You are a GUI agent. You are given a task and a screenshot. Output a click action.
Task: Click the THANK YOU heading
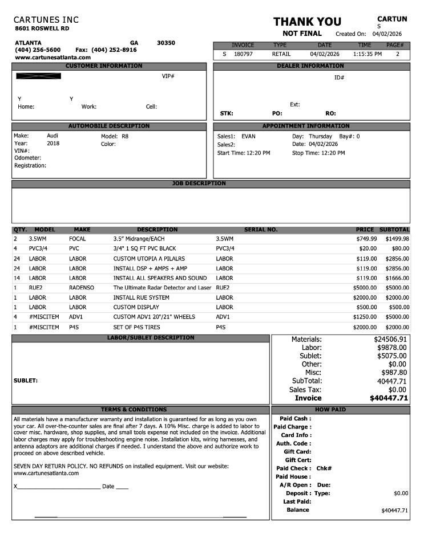pyautogui.click(x=307, y=22)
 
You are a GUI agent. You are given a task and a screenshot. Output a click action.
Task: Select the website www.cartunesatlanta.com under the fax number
pyautogui.click(x=53, y=58)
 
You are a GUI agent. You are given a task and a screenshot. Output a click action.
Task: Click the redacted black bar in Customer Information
pyautogui.click(x=38, y=76)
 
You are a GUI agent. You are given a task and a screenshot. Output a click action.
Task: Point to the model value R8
pyautogui.click(x=125, y=136)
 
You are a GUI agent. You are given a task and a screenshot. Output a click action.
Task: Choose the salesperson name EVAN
pyautogui.click(x=248, y=136)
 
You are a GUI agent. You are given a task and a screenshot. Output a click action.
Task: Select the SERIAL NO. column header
pyautogui.click(x=261, y=230)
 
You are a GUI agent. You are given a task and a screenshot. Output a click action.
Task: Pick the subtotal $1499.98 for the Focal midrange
pyautogui.click(x=397, y=239)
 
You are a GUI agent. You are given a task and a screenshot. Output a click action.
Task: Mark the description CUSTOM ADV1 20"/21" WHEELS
pyautogui.click(x=154, y=317)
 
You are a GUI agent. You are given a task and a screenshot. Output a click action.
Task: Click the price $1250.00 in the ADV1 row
pyautogui.click(x=365, y=317)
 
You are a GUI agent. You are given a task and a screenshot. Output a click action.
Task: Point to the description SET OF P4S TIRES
pyautogui.click(x=136, y=327)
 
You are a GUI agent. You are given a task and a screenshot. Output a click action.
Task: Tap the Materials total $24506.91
pyautogui.click(x=390, y=339)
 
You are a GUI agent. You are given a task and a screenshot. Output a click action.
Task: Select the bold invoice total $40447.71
pyautogui.click(x=389, y=398)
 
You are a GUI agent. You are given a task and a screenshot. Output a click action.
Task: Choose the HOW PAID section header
pyautogui.click(x=330, y=410)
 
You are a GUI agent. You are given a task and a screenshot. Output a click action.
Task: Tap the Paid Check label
pyautogui.click(x=293, y=468)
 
